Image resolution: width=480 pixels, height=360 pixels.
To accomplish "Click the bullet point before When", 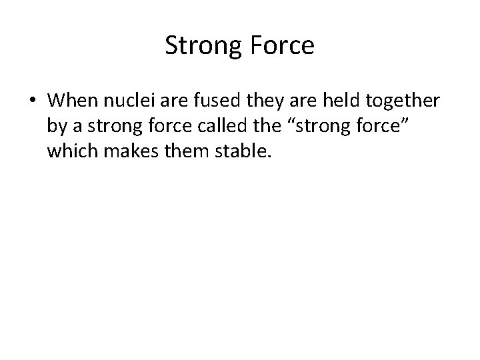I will [x=32, y=101].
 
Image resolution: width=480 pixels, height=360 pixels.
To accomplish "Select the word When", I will [x=72, y=101].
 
